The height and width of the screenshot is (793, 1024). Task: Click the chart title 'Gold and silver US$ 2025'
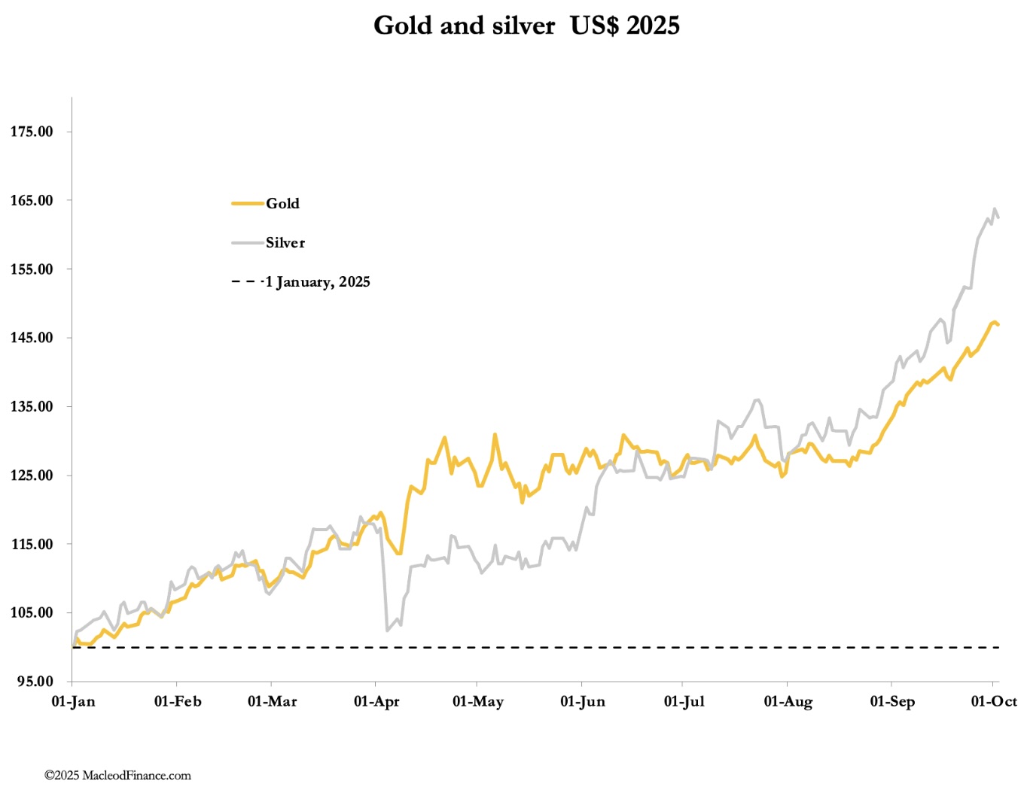click(x=526, y=26)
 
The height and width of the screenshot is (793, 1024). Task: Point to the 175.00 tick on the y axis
click(x=32, y=132)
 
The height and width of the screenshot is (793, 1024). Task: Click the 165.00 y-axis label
click(x=32, y=200)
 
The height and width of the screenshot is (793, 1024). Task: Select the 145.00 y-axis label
click(x=32, y=338)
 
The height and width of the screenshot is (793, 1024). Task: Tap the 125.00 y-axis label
click(x=32, y=475)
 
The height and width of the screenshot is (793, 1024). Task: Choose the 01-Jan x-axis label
click(x=73, y=702)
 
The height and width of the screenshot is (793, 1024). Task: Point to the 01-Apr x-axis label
click(x=376, y=702)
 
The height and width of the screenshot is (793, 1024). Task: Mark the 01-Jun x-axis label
click(x=582, y=702)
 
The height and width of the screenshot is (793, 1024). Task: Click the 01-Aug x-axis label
click(x=788, y=702)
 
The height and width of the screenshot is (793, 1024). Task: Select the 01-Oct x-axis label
click(x=994, y=702)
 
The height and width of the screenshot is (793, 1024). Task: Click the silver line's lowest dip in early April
click(x=387, y=630)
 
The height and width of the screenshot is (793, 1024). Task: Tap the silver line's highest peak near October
click(x=995, y=209)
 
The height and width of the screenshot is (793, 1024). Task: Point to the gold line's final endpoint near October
click(x=998, y=324)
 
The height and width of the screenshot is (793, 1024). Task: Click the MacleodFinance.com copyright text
click(x=117, y=776)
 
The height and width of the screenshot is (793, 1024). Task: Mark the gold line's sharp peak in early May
click(x=495, y=434)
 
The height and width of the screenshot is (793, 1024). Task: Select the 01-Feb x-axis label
click(x=178, y=702)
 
